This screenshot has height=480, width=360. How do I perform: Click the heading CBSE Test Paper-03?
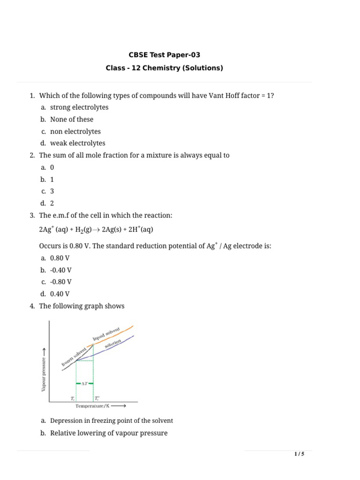pos(164,55)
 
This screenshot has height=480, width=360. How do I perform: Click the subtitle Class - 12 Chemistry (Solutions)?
pos(164,68)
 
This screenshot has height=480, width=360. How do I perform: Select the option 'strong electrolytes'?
pos(79,107)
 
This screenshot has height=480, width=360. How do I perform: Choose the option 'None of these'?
pos(72,120)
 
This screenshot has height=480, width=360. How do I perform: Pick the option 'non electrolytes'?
pos(75,132)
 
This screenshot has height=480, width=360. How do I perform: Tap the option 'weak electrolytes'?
pos(78,143)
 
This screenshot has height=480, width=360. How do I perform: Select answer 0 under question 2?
pos(52,167)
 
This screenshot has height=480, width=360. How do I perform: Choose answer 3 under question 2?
pos(52,191)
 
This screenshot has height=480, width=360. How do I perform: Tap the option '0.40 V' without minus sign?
pos(60,294)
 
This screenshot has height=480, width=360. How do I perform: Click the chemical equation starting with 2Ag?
pos(96,230)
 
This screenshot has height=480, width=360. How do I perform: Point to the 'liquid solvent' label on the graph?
pos(106,334)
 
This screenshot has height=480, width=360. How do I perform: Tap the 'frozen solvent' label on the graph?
pos(74,357)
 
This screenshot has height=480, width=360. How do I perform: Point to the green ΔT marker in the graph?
pos(85,383)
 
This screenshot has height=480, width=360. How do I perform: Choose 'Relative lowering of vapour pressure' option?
pos(109,433)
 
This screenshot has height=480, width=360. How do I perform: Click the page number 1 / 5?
pos(299,454)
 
